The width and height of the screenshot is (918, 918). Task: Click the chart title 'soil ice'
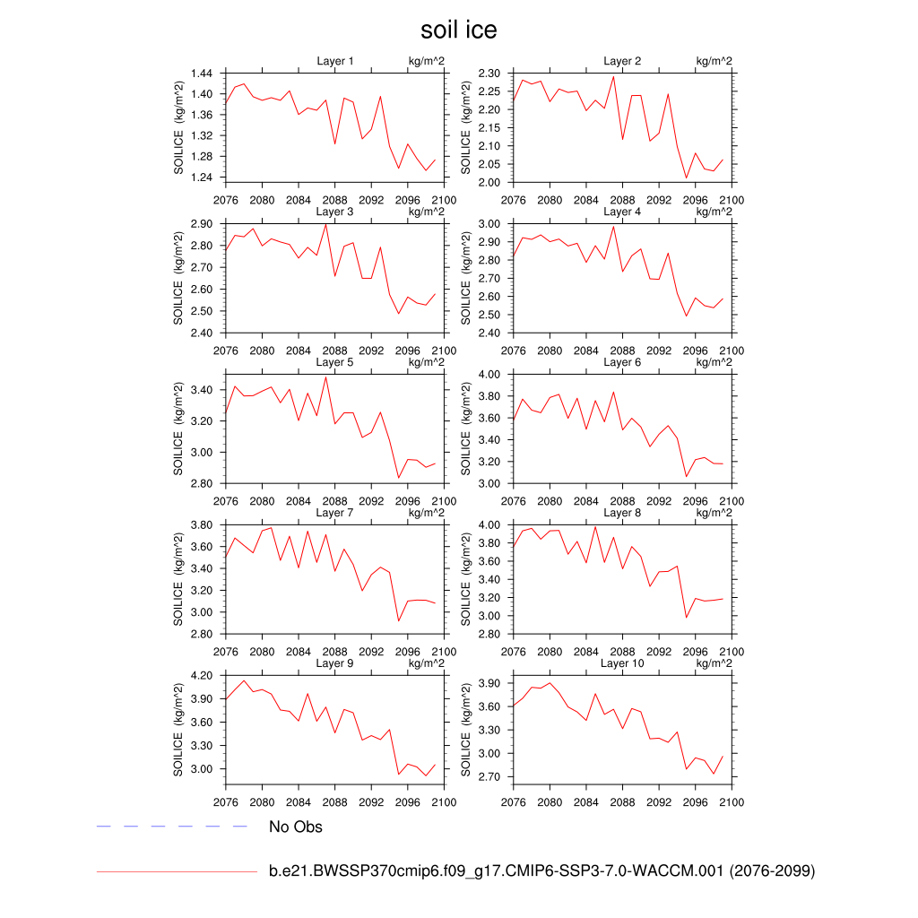coord(458,30)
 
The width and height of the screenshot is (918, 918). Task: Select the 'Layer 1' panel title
coord(335,61)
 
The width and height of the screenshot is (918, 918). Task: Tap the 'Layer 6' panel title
coord(622,362)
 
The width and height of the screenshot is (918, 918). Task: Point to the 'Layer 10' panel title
coord(622,663)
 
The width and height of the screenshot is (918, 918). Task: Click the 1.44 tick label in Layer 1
coord(201,73)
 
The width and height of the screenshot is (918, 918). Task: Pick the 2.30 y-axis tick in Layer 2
coord(489,73)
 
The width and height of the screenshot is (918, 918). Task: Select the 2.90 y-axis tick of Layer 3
coord(201,223)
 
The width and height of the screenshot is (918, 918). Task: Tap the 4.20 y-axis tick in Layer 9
coord(201,675)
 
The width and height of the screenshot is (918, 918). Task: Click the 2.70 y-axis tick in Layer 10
coord(489,777)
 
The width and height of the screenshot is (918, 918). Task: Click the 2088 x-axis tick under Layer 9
coord(335,802)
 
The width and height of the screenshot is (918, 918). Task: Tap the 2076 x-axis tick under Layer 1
coord(226,200)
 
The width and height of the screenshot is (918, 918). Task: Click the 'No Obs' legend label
coord(295,827)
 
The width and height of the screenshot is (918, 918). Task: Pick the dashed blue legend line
coord(171,826)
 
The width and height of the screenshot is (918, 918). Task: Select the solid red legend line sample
coord(177,870)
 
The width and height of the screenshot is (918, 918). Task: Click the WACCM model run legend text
coord(541,870)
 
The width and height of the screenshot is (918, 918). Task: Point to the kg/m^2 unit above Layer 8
coord(714,513)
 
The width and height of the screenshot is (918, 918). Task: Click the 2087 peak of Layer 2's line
coord(613,76)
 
